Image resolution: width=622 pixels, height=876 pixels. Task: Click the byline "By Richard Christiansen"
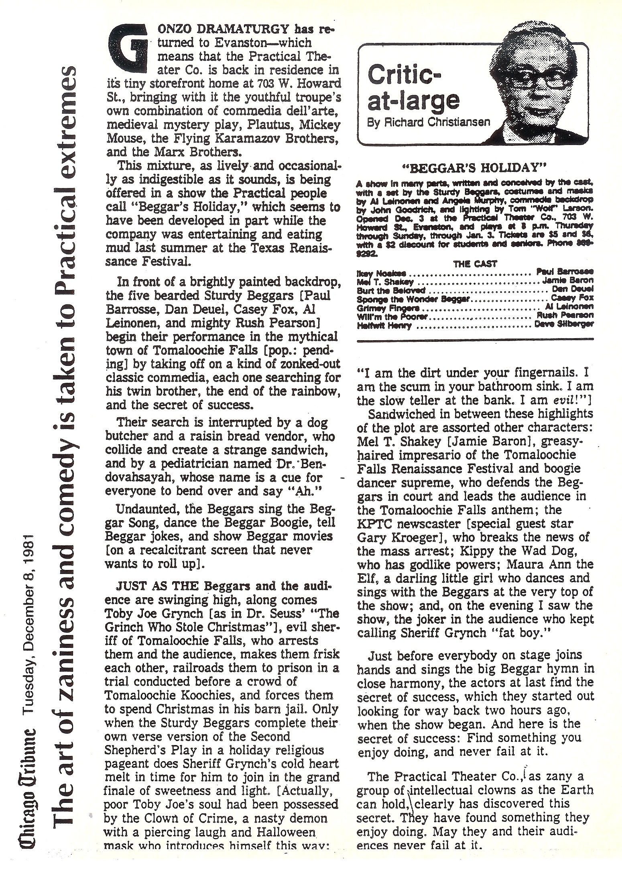click(x=429, y=122)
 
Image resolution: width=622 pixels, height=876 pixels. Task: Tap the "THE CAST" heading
click(x=475, y=264)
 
